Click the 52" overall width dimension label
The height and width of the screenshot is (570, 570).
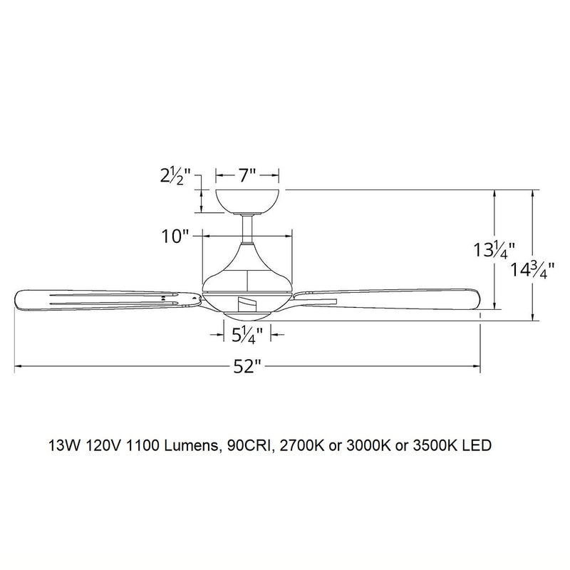247,368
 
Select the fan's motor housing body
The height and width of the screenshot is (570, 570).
247,274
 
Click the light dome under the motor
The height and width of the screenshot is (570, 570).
247,311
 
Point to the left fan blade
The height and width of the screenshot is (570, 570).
100,299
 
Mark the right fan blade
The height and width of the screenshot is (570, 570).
392,299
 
